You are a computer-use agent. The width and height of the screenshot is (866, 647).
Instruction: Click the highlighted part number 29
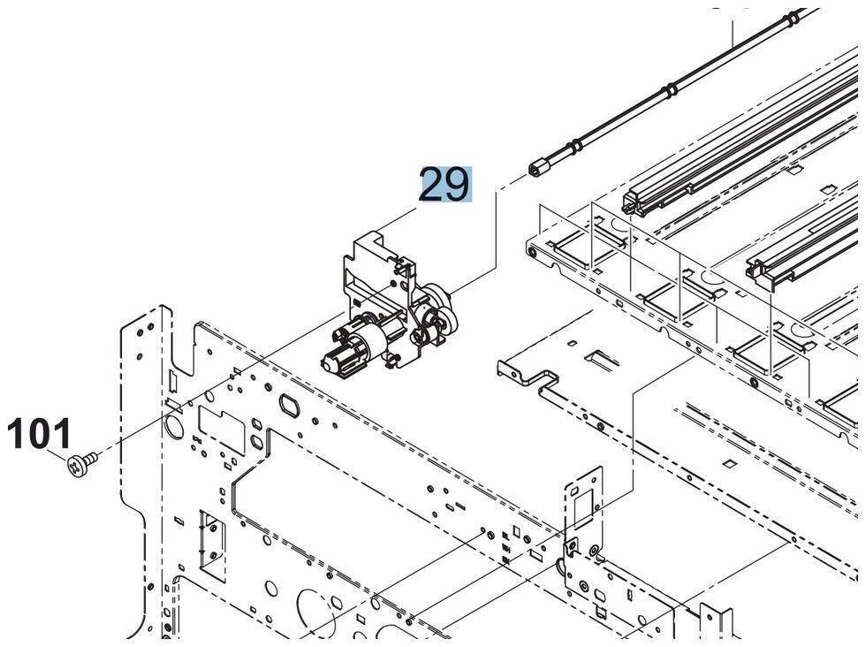[445, 186]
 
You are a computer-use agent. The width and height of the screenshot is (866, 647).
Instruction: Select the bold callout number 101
[38, 434]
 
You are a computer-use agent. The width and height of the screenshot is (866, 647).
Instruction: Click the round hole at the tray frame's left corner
[533, 252]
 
